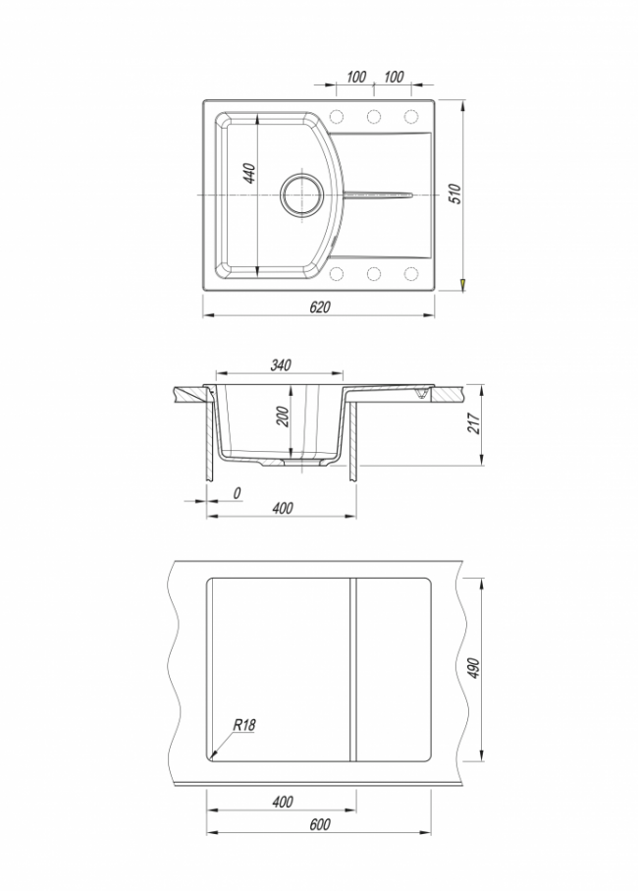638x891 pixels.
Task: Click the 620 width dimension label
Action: coord(320,306)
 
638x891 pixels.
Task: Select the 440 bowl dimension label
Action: coord(249,173)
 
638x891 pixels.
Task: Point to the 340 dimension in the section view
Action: coord(281,364)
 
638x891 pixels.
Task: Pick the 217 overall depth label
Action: coord(474,423)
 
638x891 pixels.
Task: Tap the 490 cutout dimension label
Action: coord(474,668)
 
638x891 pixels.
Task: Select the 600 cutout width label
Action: coord(320,824)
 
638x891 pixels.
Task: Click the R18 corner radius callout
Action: coord(244,725)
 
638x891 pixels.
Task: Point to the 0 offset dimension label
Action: coord(238,493)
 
